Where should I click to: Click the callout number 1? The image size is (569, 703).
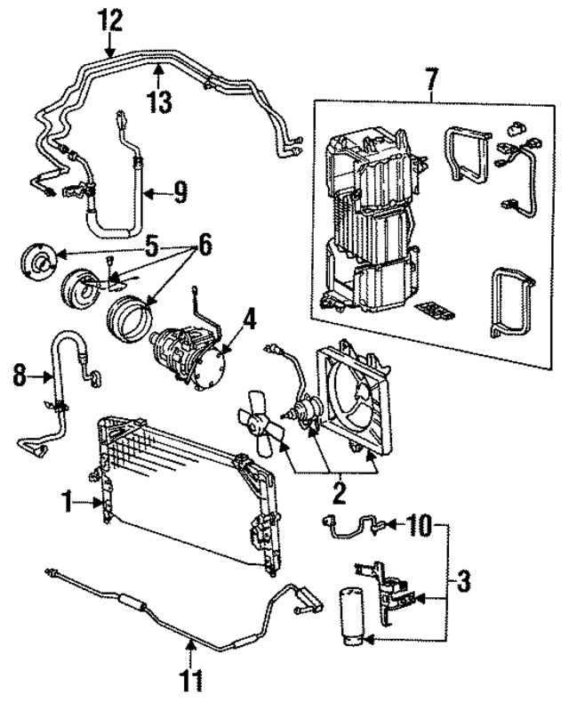[66, 504]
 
